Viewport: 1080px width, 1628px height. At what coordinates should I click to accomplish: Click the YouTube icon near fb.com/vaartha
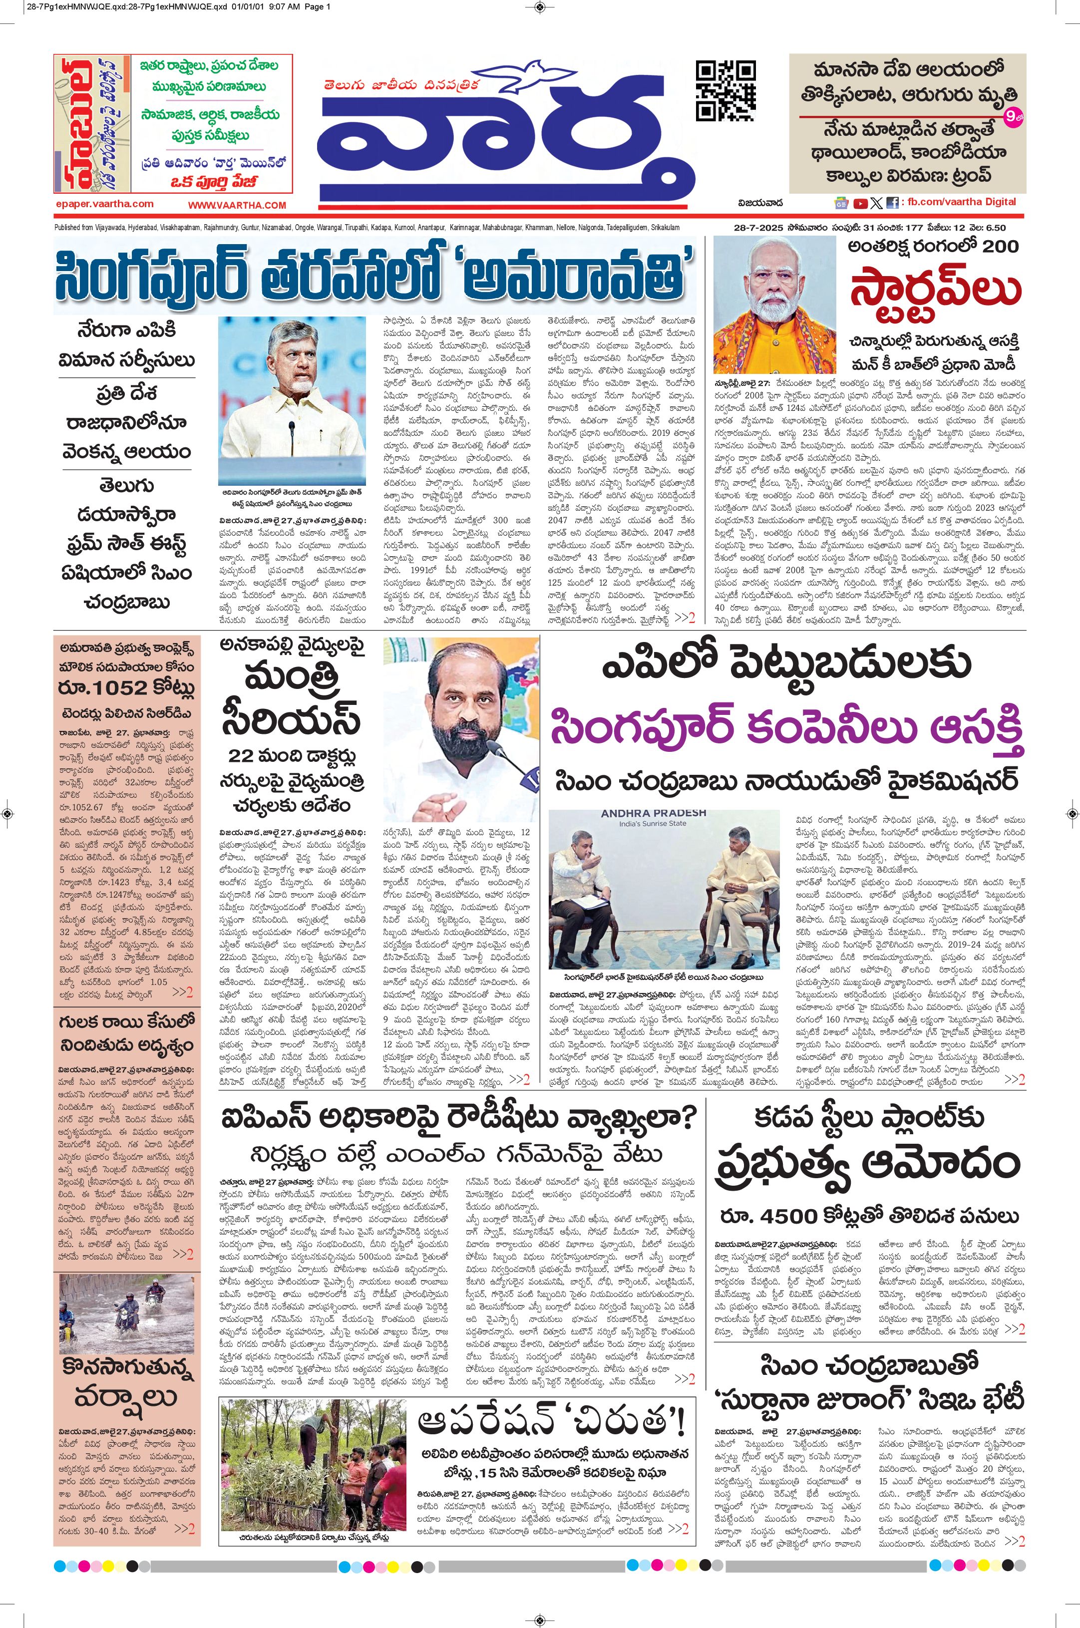pos(860,203)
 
